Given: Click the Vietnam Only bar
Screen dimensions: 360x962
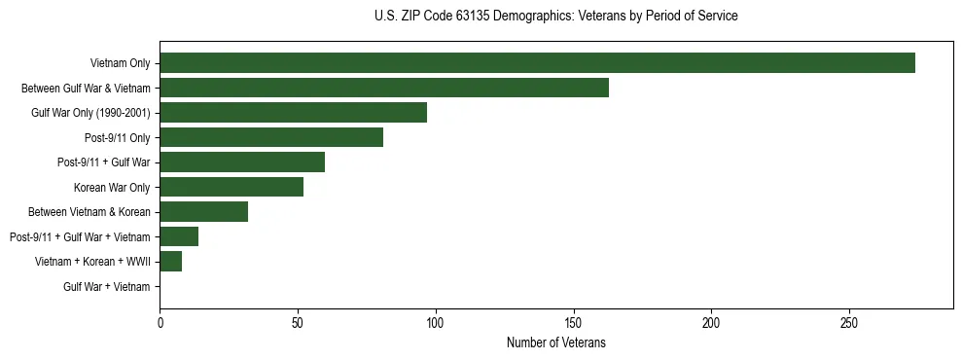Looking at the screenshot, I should [x=537, y=63].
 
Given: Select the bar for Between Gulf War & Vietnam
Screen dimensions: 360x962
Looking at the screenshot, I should [x=384, y=88].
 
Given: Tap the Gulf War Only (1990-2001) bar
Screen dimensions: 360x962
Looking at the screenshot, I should [x=293, y=113].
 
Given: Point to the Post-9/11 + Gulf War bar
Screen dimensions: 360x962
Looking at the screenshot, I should [x=242, y=162].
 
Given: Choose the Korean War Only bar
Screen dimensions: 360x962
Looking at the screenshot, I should [x=232, y=187].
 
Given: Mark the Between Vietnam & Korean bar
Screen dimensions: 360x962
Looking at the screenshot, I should [x=204, y=212].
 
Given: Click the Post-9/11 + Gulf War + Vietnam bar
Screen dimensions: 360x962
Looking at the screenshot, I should [x=179, y=236].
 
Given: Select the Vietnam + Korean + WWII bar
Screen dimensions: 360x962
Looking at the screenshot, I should [x=171, y=262].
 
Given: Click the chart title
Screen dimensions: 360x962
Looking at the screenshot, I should [x=555, y=17].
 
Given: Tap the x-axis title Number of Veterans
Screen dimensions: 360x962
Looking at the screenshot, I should [x=555, y=342].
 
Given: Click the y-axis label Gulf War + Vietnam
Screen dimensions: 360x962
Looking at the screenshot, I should [x=107, y=286].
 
